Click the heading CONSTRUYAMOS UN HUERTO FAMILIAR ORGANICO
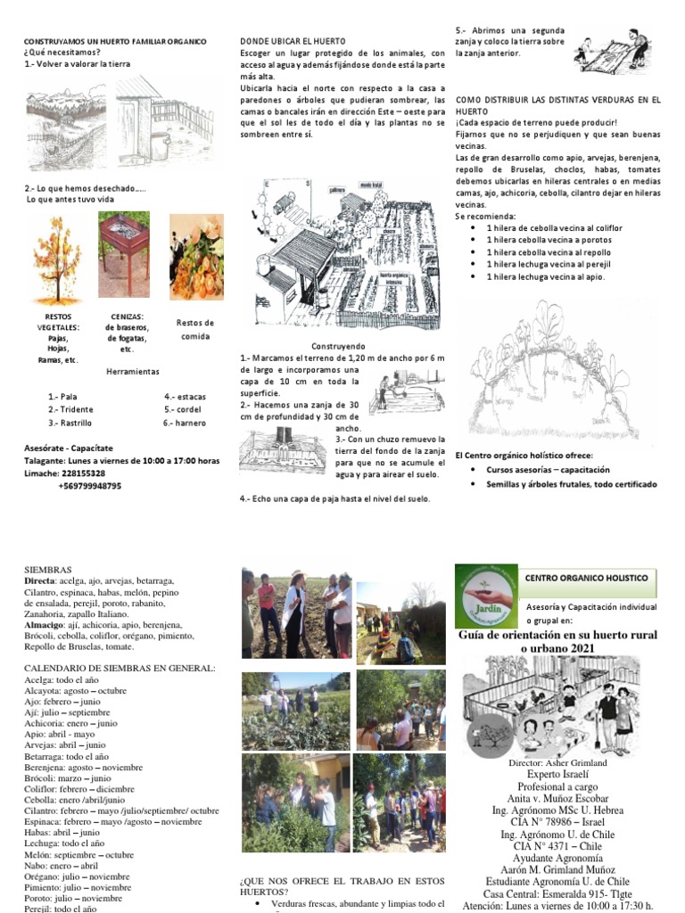[114, 42]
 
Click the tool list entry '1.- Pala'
[63, 396]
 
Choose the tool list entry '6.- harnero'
[185, 423]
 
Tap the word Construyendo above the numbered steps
[337, 345]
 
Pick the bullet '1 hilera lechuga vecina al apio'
[545, 276]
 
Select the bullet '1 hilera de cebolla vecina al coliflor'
[554, 228]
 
